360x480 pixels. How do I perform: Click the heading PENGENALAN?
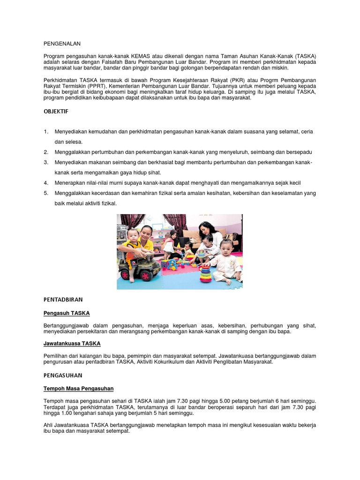(x=62, y=44)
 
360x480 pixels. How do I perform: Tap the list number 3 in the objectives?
(x=46, y=162)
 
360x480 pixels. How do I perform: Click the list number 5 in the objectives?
(x=46, y=193)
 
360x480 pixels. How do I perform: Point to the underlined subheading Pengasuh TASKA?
(x=67, y=313)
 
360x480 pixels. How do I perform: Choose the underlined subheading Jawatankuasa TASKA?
(x=72, y=344)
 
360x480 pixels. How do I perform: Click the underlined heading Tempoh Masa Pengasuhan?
(x=78, y=389)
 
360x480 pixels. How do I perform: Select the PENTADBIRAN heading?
(x=63, y=299)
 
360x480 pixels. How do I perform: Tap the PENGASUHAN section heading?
(x=63, y=375)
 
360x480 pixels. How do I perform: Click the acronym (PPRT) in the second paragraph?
(x=97, y=86)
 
